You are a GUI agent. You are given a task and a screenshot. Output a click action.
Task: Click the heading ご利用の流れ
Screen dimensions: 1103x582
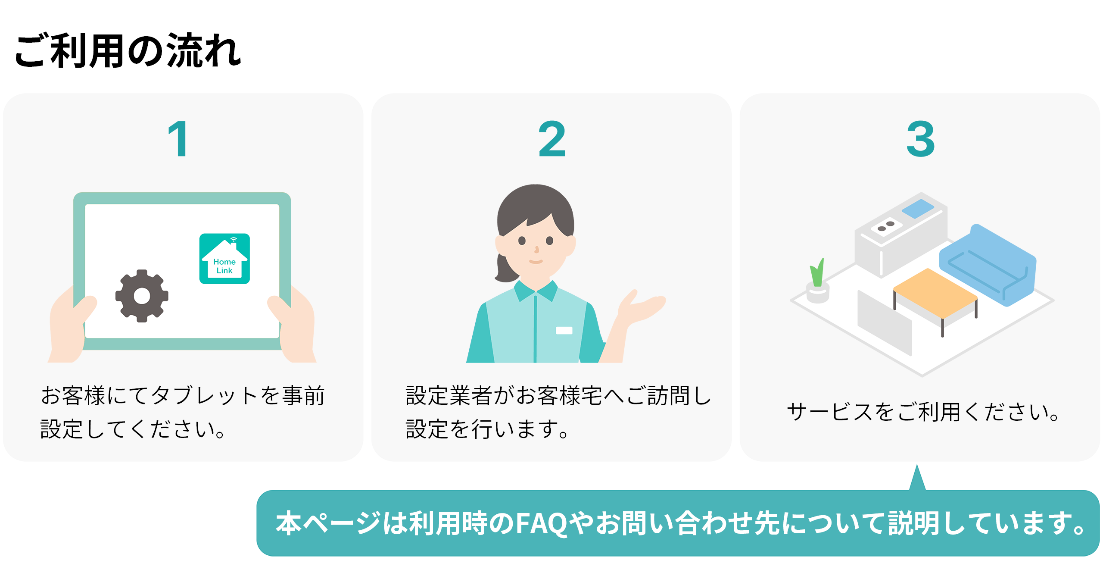[x=128, y=51]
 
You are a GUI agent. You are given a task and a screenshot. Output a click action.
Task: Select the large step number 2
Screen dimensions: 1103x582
[x=552, y=139]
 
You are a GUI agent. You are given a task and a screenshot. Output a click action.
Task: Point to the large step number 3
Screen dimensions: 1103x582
[x=921, y=139]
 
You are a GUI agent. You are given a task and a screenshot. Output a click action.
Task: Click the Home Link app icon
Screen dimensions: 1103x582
[x=224, y=259]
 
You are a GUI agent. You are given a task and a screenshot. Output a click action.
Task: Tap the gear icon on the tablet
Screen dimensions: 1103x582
[x=142, y=296]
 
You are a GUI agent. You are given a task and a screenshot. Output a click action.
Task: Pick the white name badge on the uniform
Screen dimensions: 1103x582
[x=564, y=331]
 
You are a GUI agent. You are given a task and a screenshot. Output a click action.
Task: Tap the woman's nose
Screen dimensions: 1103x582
[x=536, y=249]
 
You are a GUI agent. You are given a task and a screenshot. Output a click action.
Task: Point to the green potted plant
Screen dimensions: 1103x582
[x=817, y=280]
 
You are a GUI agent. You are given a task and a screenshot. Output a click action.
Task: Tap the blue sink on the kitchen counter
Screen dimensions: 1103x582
[x=918, y=209]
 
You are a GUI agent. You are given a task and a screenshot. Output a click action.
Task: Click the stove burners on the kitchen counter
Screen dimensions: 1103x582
[x=886, y=226]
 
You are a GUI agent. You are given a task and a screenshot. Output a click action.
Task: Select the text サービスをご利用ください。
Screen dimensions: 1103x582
[x=923, y=412]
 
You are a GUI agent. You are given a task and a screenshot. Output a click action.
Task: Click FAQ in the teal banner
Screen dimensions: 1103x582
[x=542, y=523]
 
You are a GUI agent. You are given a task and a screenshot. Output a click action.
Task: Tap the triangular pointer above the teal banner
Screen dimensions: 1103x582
[x=917, y=478]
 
